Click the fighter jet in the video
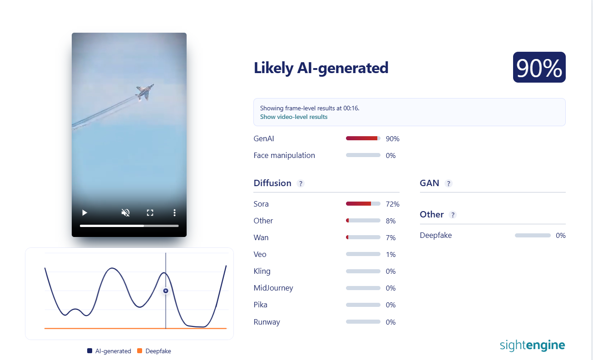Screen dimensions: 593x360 (x=144, y=92)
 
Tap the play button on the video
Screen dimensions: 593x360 (x=84, y=212)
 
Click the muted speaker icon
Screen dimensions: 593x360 (x=125, y=212)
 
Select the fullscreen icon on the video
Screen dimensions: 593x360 (x=150, y=212)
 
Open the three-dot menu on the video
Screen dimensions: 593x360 (x=174, y=212)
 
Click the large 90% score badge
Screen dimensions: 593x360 (x=539, y=67)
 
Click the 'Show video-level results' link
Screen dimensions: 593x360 (x=294, y=117)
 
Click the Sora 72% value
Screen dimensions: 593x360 (x=392, y=204)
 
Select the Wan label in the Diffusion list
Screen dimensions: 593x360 (x=261, y=237)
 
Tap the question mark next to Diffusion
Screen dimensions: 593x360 (x=301, y=183)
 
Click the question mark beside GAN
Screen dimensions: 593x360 (x=449, y=183)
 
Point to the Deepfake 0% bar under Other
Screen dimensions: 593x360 (x=533, y=235)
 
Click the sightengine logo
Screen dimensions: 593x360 (x=532, y=345)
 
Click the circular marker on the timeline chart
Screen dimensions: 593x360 (x=166, y=291)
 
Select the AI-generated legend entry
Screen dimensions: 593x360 (x=109, y=351)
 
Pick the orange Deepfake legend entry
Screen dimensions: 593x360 (x=154, y=351)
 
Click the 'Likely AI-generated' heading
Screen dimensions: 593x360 (x=321, y=68)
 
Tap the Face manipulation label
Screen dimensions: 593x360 (x=284, y=155)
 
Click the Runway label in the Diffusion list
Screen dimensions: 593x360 (x=267, y=322)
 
